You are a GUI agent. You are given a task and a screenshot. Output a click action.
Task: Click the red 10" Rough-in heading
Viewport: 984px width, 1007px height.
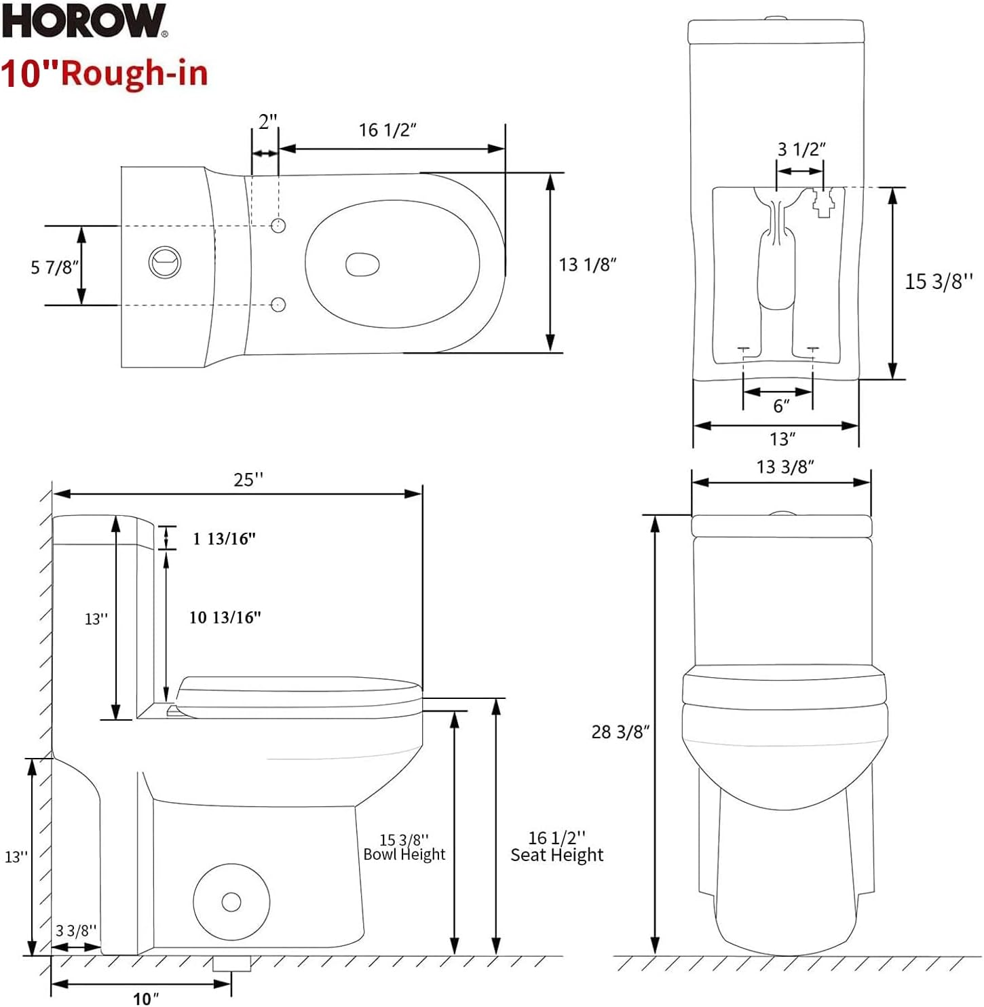(105, 73)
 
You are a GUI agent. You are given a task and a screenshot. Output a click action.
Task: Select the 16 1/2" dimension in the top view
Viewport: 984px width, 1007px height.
(387, 130)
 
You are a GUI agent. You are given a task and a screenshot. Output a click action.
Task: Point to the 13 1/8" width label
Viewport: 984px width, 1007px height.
(587, 265)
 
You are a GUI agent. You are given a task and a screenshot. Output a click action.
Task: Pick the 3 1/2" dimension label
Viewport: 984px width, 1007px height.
(801, 149)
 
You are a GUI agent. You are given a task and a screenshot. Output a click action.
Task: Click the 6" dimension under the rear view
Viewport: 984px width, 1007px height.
(781, 406)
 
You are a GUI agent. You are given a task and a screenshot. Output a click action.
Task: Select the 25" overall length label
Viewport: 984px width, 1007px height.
(248, 480)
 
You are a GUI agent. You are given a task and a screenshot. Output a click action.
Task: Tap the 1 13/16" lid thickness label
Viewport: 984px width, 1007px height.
(224, 539)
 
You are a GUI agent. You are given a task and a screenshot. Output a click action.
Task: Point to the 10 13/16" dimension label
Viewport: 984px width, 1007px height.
(225, 617)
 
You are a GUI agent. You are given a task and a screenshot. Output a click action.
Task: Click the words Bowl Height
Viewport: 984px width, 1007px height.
(404, 855)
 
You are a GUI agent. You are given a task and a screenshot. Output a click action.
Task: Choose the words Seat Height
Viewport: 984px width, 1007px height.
(556, 856)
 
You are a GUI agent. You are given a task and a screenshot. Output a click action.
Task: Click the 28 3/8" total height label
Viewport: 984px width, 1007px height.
(620, 731)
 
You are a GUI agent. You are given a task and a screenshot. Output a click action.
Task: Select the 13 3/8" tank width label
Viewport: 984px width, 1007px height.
(785, 467)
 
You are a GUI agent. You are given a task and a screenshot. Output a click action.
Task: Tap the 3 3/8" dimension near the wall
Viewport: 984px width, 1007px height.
(76, 931)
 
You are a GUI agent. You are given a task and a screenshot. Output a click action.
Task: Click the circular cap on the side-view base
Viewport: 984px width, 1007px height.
(231, 902)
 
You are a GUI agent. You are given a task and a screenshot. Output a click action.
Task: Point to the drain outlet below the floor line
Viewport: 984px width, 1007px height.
(231, 964)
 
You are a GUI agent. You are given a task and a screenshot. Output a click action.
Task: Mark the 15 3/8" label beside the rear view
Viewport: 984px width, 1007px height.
(939, 281)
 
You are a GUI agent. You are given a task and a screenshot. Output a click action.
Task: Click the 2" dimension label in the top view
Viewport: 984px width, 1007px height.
(267, 122)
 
